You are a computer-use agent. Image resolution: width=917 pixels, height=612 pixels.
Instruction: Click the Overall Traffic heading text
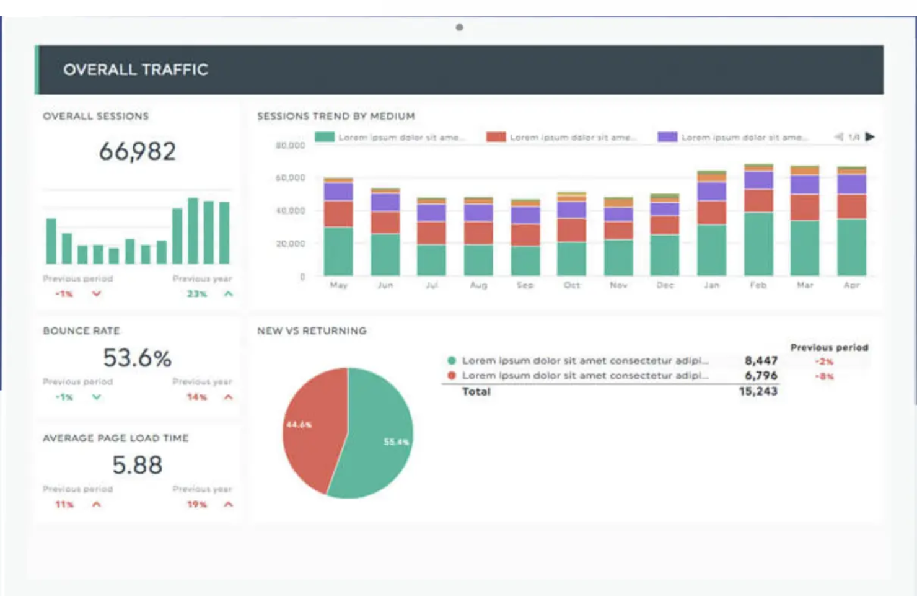coord(135,69)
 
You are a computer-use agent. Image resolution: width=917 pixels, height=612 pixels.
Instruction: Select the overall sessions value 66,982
coord(138,151)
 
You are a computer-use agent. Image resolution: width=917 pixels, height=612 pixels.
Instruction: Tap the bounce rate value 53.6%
coord(137,358)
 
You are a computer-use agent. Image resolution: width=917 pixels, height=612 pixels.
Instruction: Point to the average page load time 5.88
coord(137,465)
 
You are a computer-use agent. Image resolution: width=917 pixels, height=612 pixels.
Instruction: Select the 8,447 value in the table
coord(761,360)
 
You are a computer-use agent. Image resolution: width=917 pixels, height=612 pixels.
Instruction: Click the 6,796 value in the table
coord(761,376)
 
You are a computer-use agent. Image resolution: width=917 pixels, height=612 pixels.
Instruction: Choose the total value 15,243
coord(758,391)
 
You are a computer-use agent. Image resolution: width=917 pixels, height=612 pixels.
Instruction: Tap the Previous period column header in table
coord(829,347)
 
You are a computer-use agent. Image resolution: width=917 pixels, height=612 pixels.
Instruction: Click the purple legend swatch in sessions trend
coord(667,136)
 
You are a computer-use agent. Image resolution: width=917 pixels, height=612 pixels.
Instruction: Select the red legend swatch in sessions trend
coord(496,136)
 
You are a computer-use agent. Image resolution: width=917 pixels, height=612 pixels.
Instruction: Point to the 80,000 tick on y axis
coord(290,146)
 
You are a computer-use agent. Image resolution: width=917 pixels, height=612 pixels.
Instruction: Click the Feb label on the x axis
coord(758,285)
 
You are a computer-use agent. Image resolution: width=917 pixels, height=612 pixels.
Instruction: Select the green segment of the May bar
coord(338,251)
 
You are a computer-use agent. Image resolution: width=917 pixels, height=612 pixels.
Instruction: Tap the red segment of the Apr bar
coord(851,206)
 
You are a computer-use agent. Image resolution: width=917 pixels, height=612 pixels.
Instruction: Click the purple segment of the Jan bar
coord(711,191)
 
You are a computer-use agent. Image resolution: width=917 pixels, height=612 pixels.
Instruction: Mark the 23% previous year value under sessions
coord(197,294)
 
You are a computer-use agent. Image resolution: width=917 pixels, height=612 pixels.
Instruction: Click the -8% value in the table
coord(824,376)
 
